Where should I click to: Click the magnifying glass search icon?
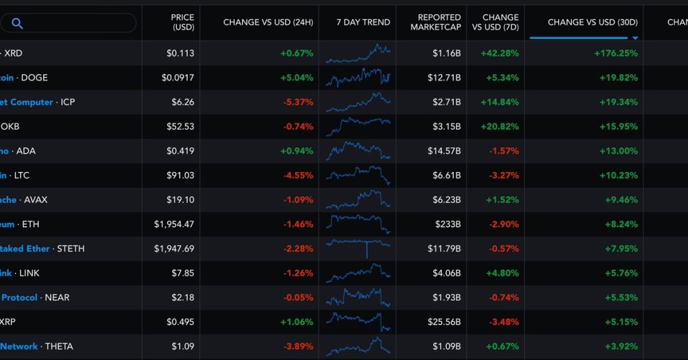click(x=17, y=24)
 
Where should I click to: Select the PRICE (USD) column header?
click(x=182, y=22)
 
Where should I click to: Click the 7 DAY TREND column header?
click(x=363, y=22)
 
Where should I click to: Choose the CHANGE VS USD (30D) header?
click(x=584, y=22)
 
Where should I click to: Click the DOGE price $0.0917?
click(x=178, y=77)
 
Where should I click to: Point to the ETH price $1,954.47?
click(x=174, y=224)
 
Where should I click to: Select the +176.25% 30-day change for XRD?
click(x=615, y=53)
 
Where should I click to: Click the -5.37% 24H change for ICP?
click(x=298, y=102)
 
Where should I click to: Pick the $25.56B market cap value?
click(x=444, y=322)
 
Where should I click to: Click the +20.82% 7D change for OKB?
click(x=499, y=126)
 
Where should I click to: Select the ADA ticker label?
click(x=26, y=150)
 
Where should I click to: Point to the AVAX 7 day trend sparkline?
click(x=358, y=199)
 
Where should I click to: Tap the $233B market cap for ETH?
click(x=448, y=224)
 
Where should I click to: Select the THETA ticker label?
click(x=59, y=346)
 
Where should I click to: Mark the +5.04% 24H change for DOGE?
click(x=297, y=77)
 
